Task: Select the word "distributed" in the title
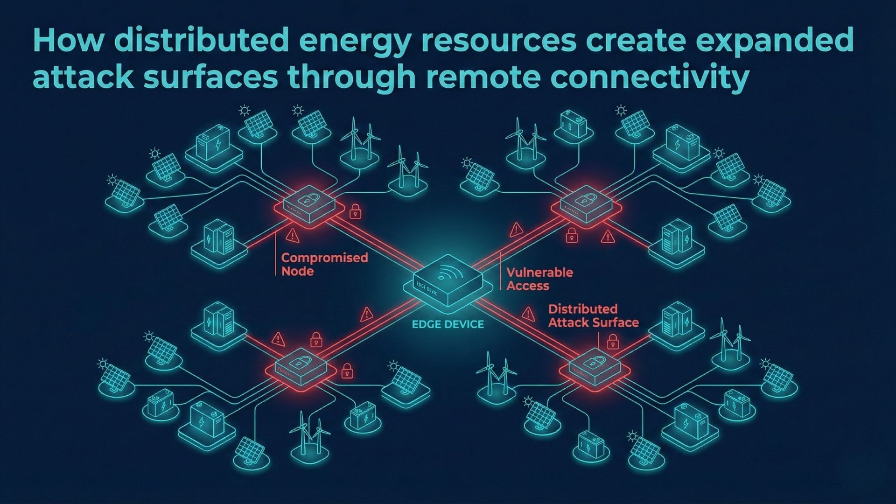coord(201,40)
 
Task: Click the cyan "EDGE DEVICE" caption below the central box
coord(448,324)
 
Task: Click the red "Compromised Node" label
coord(324,264)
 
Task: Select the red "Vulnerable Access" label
coord(539,279)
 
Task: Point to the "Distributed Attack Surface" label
coord(593,315)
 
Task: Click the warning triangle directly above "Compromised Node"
coord(293,236)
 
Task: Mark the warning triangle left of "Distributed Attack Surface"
coord(528,314)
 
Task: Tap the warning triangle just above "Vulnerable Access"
coord(516,230)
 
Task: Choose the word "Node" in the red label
coord(297,271)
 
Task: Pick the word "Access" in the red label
coord(528,286)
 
